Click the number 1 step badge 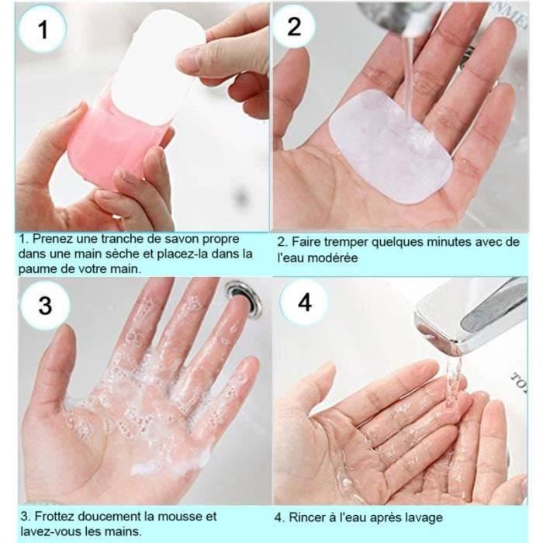tap(42, 29)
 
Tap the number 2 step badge tap(294, 26)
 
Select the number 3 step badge tap(45, 306)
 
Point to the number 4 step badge tap(304, 303)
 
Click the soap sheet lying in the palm tap(390, 146)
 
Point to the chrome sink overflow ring tap(243, 297)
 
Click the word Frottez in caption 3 tap(54, 517)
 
